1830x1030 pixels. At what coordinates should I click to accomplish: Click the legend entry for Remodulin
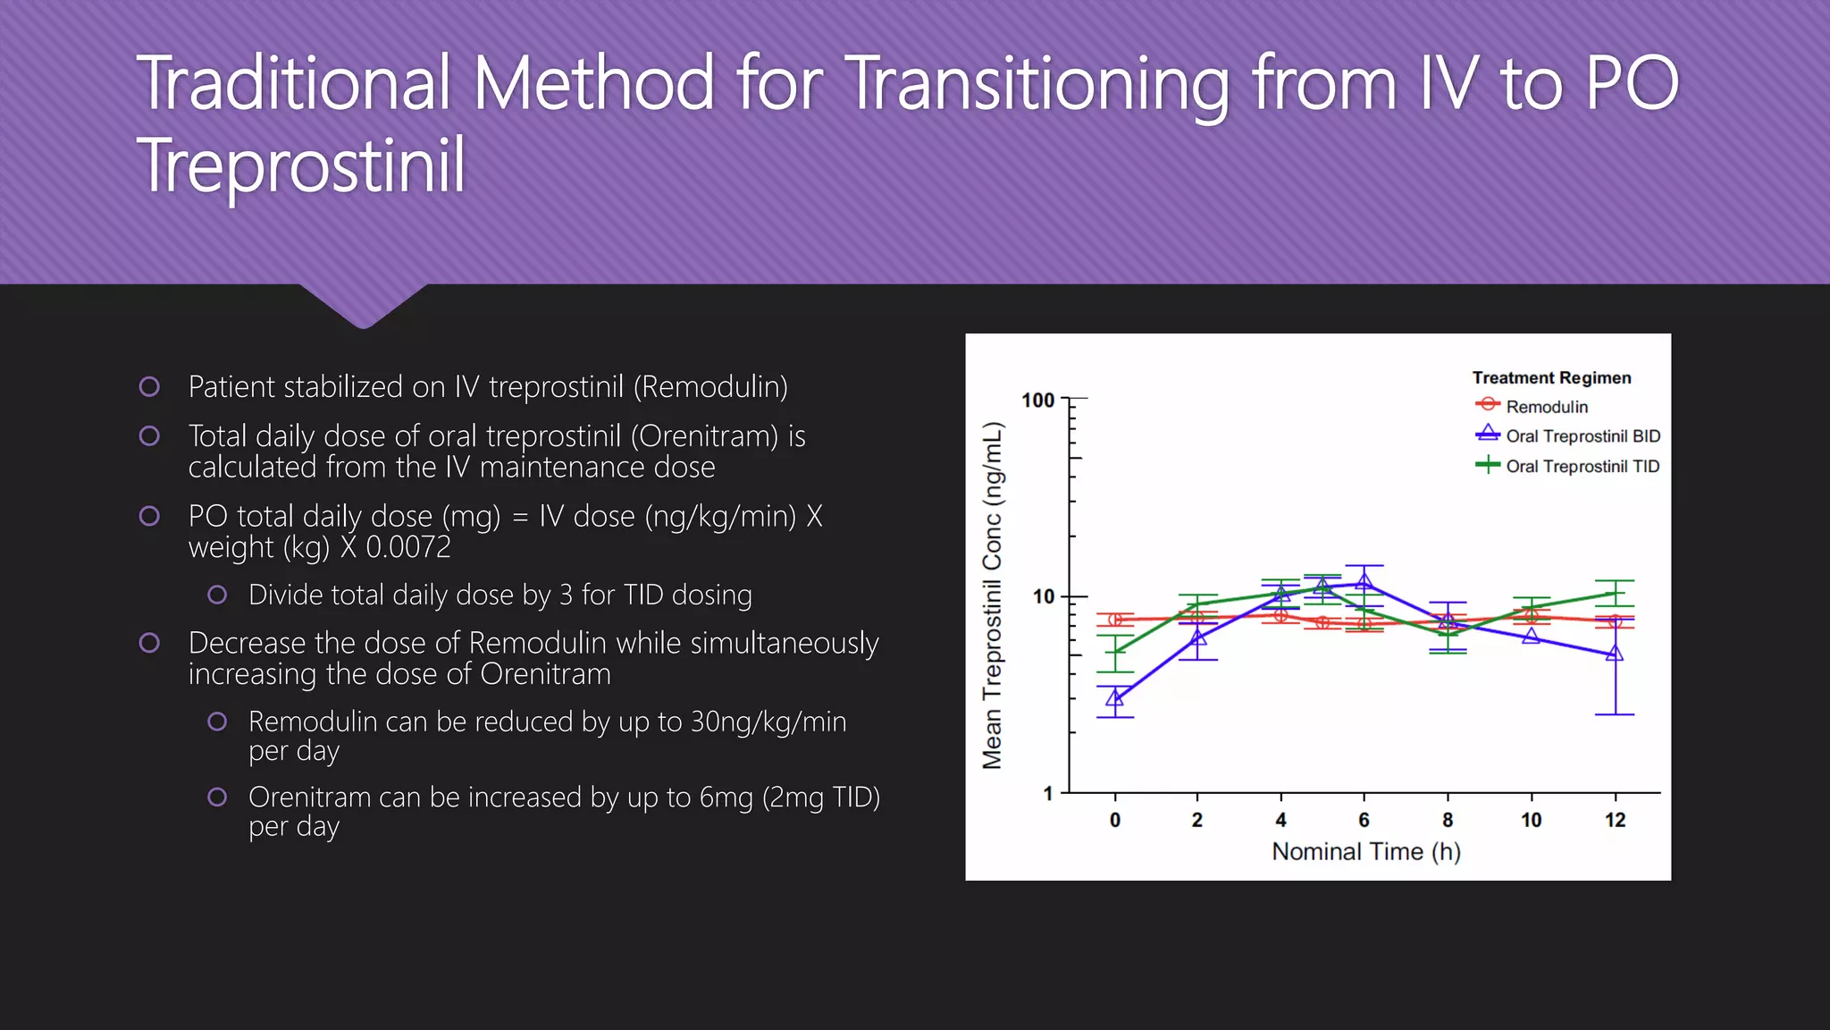(1546, 407)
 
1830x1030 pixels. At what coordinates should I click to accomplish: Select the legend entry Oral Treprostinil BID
(1582, 436)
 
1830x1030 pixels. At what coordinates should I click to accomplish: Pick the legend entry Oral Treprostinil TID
(1582, 466)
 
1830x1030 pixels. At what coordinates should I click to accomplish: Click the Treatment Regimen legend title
(1551, 378)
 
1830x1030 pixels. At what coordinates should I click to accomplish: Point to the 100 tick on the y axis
(1038, 401)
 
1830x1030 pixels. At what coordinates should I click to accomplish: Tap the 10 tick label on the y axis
(1043, 596)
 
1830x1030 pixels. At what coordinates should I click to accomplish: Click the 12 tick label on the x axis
(1615, 820)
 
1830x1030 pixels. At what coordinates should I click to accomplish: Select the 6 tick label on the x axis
(1364, 820)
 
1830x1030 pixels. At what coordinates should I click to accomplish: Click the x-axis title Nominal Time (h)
(1366, 851)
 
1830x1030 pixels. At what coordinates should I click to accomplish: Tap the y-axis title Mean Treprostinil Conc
(993, 595)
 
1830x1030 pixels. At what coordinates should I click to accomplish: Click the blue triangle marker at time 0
(1114, 698)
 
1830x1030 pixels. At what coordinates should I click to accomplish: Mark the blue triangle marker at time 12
(1615, 654)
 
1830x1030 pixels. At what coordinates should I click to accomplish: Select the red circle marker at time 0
(1115, 620)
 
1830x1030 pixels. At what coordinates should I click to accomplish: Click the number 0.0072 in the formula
(408, 547)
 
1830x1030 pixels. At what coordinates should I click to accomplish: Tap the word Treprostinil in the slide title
(301, 165)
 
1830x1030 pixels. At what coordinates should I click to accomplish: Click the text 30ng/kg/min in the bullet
(768, 722)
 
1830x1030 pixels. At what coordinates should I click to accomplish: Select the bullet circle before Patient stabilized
(149, 387)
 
